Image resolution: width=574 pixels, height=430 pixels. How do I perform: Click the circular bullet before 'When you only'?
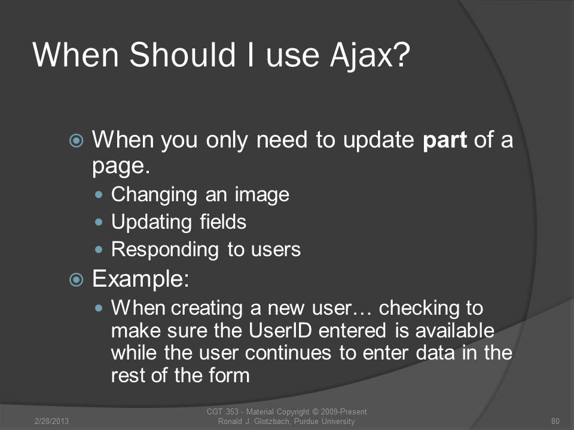click(x=76, y=140)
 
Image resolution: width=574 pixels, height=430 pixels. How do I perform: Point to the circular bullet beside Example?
click(x=76, y=280)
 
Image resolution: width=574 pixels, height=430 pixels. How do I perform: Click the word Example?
click(x=141, y=279)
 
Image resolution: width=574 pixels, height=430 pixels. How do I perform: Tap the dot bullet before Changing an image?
click(x=99, y=195)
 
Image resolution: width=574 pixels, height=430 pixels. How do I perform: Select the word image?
click(x=262, y=195)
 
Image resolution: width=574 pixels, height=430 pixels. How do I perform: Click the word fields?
click(x=223, y=222)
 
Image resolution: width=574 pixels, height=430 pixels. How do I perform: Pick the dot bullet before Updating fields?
click(x=99, y=222)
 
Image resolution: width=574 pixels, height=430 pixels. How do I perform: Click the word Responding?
click(x=165, y=250)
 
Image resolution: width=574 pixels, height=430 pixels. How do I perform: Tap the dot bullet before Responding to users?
click(x=99, y=250)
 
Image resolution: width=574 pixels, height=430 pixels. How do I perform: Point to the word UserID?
click(x=280, y=330)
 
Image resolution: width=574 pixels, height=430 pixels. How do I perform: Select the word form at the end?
click(x=229, y=375)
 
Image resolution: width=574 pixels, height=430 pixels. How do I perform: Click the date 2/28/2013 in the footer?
click(x=51, y=421)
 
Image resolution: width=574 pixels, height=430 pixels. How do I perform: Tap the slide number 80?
click(x=555, y=421)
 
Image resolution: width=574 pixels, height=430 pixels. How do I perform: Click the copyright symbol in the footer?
click(x=315, y=412)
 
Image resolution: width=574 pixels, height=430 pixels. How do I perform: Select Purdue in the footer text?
click(x=306, y=421)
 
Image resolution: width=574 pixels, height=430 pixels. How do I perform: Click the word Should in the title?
click(x=182, y=55)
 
